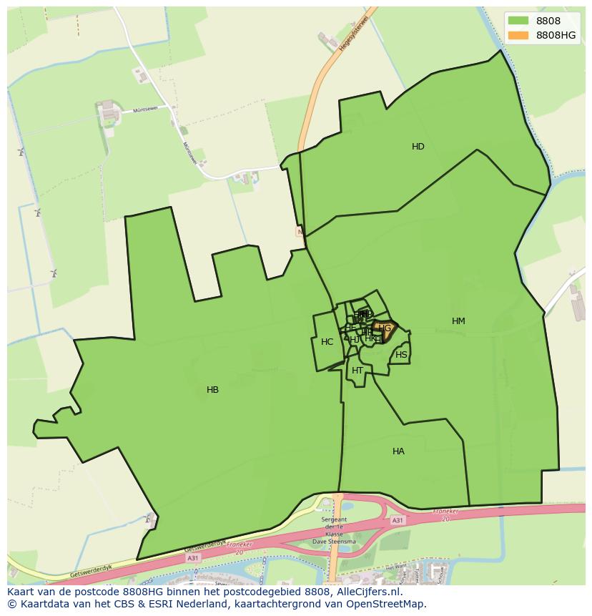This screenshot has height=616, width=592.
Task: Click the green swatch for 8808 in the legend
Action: click(518, 21)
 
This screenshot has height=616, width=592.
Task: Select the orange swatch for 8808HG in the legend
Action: click(518, 35)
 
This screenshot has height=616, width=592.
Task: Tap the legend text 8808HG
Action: click(556, 35)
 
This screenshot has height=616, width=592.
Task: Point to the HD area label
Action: click(418, 147)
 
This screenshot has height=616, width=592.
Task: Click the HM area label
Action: click(458, 321)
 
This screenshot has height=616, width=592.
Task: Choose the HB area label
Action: click(212, 390)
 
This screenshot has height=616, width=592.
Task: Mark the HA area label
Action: click(398, 451)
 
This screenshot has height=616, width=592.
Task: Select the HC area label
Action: click(327, 342)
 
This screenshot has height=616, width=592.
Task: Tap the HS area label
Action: click(401, 355)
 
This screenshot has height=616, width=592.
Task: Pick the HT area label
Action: click(357, 371)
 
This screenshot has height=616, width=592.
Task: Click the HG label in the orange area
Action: click(385, 328)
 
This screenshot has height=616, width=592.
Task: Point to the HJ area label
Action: click(355, 339)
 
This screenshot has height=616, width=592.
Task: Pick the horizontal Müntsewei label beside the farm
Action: click(145, 110)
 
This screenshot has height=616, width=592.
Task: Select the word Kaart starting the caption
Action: click(21, 592)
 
